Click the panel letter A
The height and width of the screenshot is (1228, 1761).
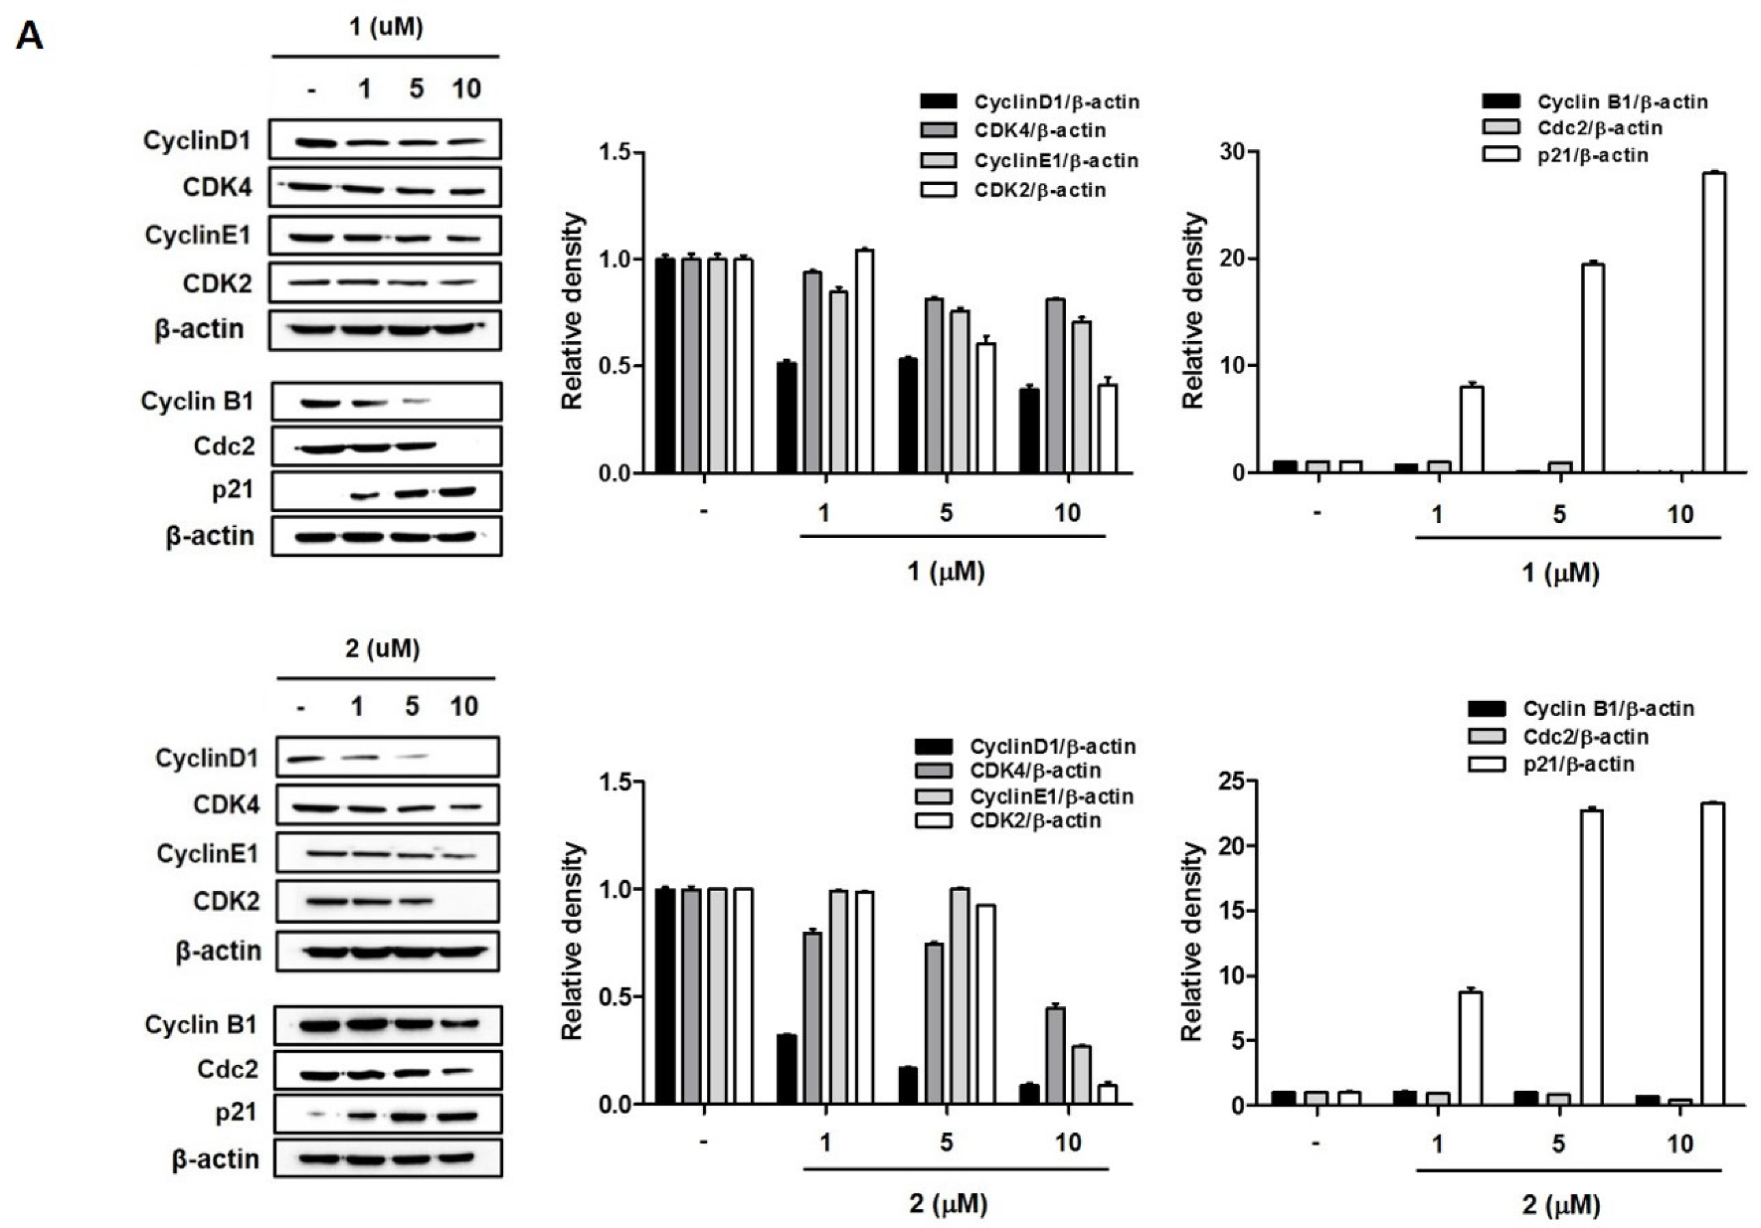[x=30, y=38]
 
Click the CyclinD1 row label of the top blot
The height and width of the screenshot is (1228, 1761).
[x=197, y=140]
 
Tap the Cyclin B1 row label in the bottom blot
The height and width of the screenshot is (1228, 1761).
[x=201, y=1024]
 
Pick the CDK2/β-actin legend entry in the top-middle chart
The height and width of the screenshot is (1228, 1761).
[x=1039, y=190]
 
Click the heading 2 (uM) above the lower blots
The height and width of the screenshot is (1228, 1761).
[x=383, y=649]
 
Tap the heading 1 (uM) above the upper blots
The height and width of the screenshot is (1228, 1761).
[x=386, y=27]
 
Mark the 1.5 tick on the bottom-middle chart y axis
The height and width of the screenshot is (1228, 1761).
[x=617, y=783]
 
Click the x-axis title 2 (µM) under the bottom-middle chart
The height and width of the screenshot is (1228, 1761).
[x=948, y=1204]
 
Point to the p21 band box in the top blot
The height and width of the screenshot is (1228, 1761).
[x=387, y=491]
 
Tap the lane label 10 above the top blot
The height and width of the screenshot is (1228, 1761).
[x=465, y=89]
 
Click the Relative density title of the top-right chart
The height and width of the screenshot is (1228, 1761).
[x=1193, y=311]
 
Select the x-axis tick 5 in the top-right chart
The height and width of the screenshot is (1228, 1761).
[x=1558, y=513]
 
